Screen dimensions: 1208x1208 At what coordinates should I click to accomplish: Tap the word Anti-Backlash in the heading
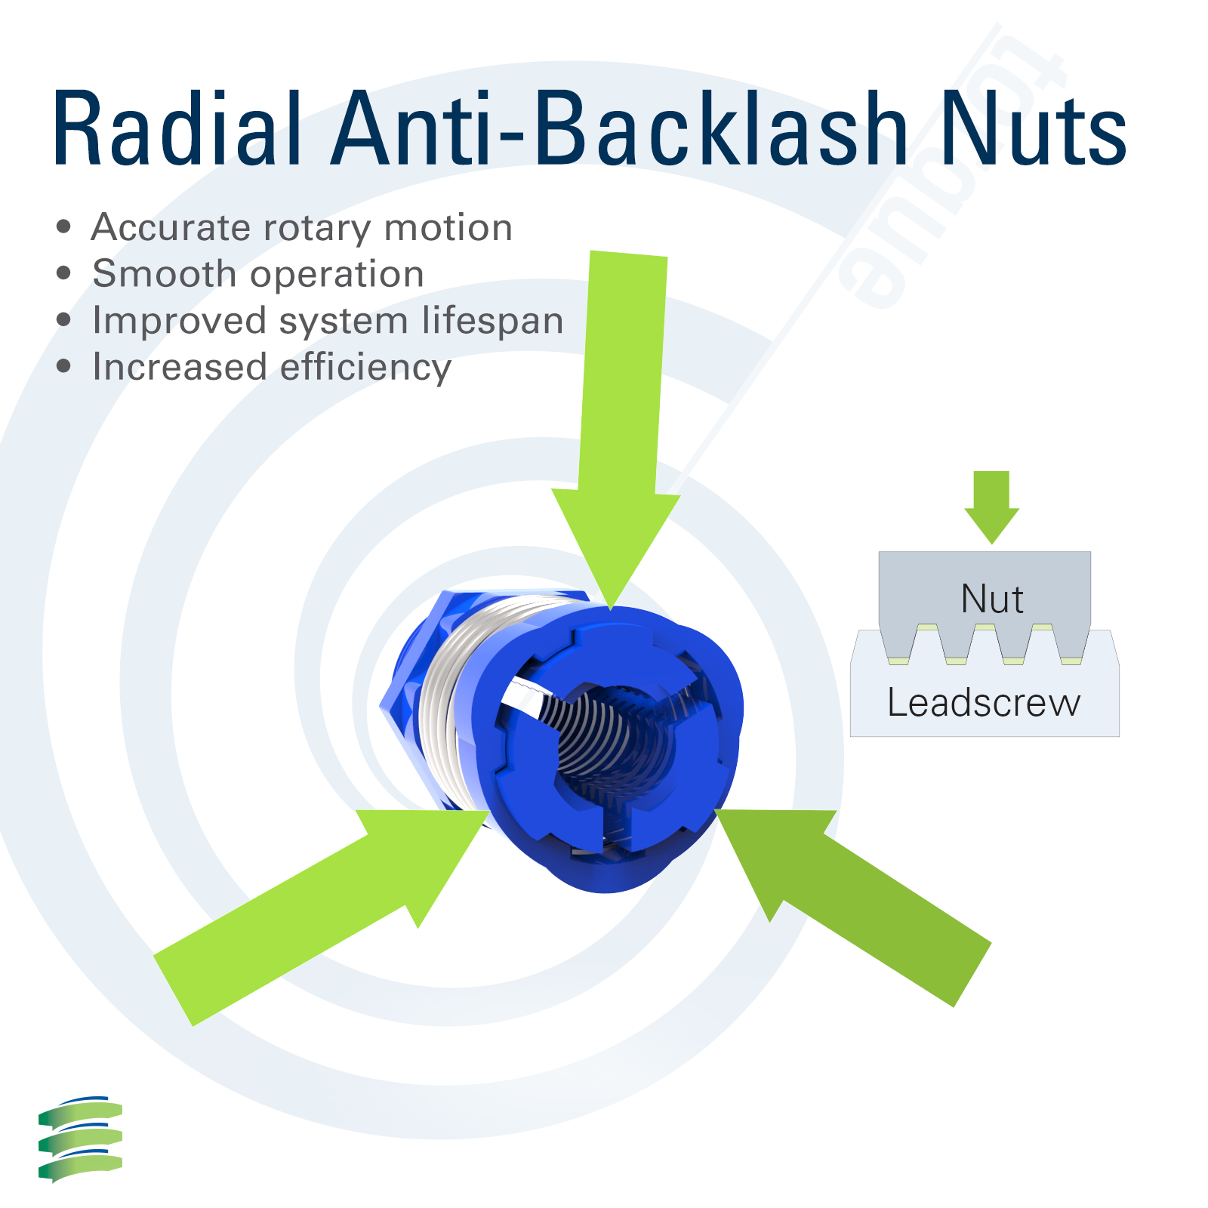coord(619,128)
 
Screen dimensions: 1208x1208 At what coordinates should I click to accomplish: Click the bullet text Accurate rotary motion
coord(301,227)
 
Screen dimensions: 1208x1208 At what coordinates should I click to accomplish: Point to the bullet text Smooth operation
coord(257,273)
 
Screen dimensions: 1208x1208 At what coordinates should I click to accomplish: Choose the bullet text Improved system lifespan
coord(328,320)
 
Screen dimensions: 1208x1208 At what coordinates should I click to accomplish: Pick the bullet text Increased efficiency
coord(272,367)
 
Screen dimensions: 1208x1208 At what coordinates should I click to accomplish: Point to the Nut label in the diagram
coord(991,599)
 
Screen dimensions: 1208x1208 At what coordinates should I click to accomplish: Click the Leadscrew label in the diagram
coord(984,702)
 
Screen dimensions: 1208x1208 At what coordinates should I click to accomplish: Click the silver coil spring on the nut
coord(445,702)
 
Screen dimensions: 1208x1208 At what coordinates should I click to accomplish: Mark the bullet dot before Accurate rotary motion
coord(64,226)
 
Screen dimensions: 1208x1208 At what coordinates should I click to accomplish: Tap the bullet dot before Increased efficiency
coord(64,367)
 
